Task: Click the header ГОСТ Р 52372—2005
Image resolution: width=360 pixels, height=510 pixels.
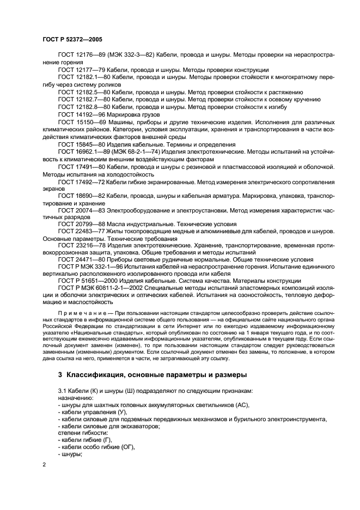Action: click(x=72, y=40)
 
